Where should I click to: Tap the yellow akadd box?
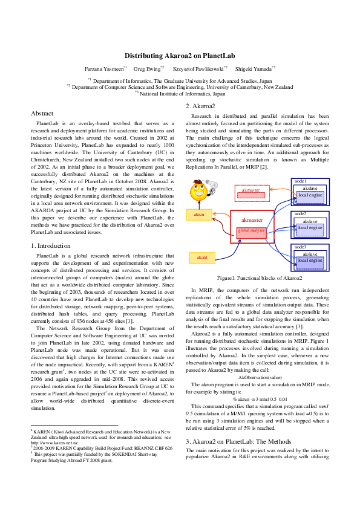201,257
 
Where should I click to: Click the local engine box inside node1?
310,195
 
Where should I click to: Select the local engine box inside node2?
310,228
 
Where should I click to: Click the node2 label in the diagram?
300,214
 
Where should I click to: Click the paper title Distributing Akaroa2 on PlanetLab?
180,56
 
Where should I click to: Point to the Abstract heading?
42,113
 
